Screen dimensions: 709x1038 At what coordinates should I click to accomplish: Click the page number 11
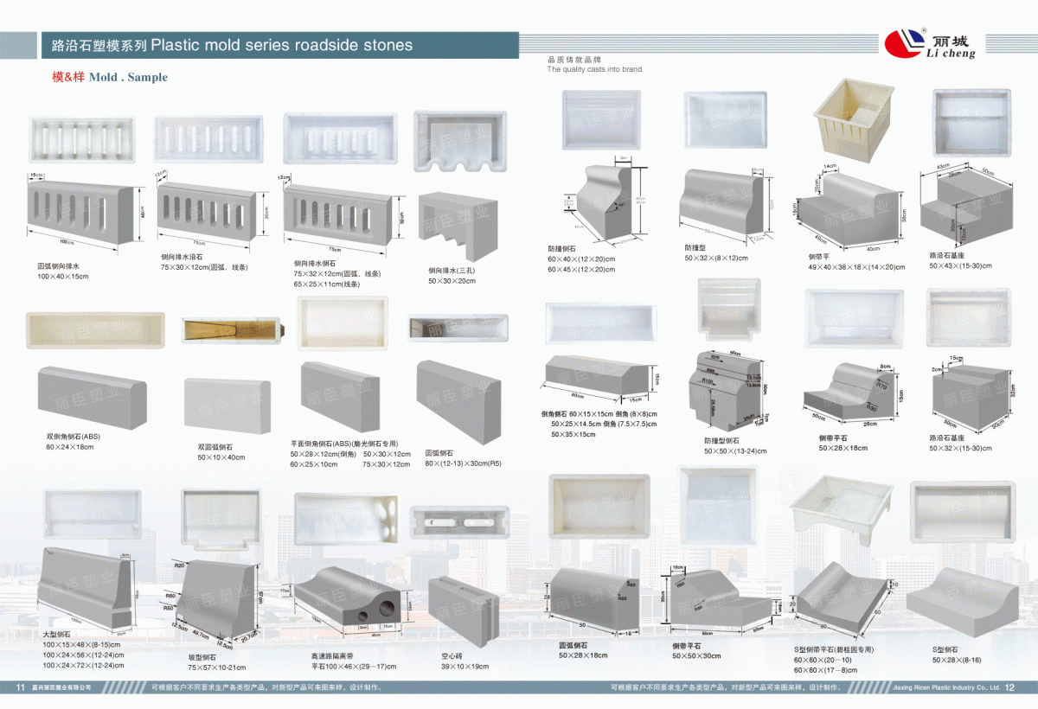tap(20, 688)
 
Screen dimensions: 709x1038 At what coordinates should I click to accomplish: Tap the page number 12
tap(1009, 688)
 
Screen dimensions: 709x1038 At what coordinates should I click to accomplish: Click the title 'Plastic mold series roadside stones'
tap(282, 45)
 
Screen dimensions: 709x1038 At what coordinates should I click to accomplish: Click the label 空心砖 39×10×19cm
tap(465, 661)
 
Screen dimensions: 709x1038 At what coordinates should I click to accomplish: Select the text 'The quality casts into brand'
tap(594, 69)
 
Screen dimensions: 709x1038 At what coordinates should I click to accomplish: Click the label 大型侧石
tap(55, 635)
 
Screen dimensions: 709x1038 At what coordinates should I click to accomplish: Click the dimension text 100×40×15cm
tap(62, 276)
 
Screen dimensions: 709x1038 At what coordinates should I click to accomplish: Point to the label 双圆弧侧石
tap(215, 447)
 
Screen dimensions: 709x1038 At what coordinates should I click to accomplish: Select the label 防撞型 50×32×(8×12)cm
tap(716, 252)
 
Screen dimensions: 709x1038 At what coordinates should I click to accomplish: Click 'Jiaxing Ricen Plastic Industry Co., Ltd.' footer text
tap(945, 688)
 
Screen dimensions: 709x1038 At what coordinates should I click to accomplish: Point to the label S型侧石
tap(945, 649)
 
